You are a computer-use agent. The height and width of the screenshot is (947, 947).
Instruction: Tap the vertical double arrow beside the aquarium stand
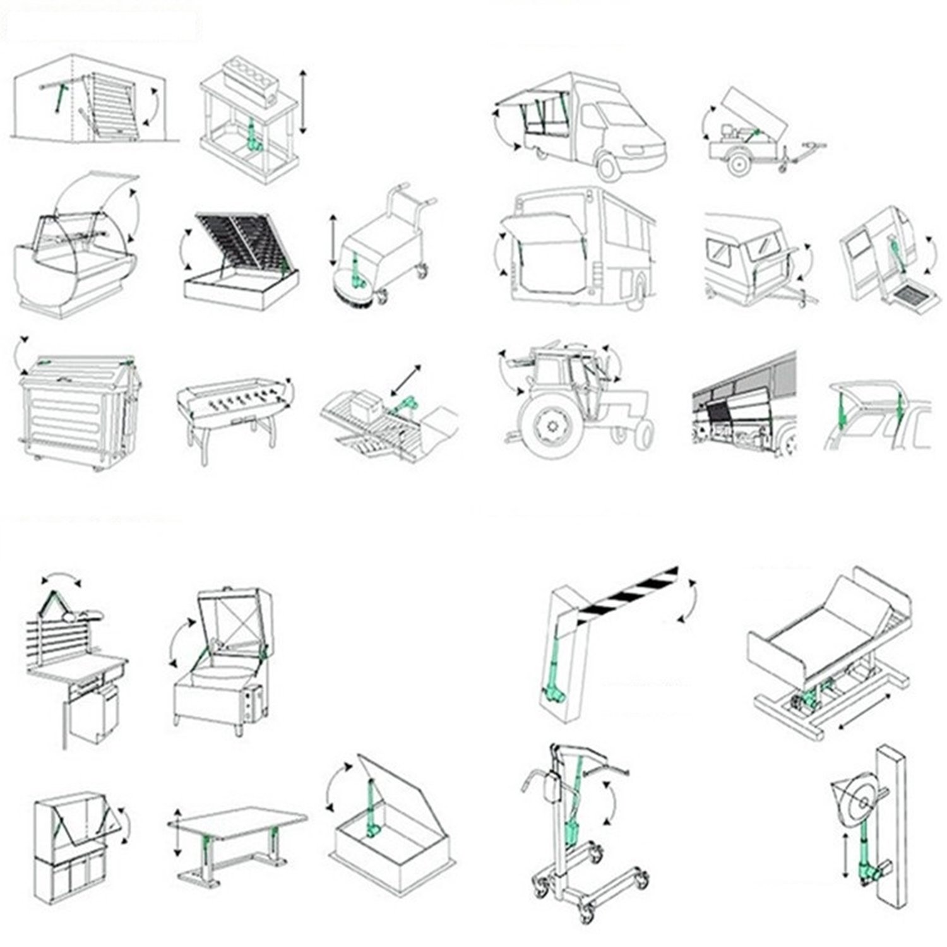tap(303, 102)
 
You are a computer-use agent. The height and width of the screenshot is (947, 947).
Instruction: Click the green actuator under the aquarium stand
tap(253, 136)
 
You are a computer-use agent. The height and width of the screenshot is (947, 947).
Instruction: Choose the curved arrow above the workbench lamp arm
tap(61, 578)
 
